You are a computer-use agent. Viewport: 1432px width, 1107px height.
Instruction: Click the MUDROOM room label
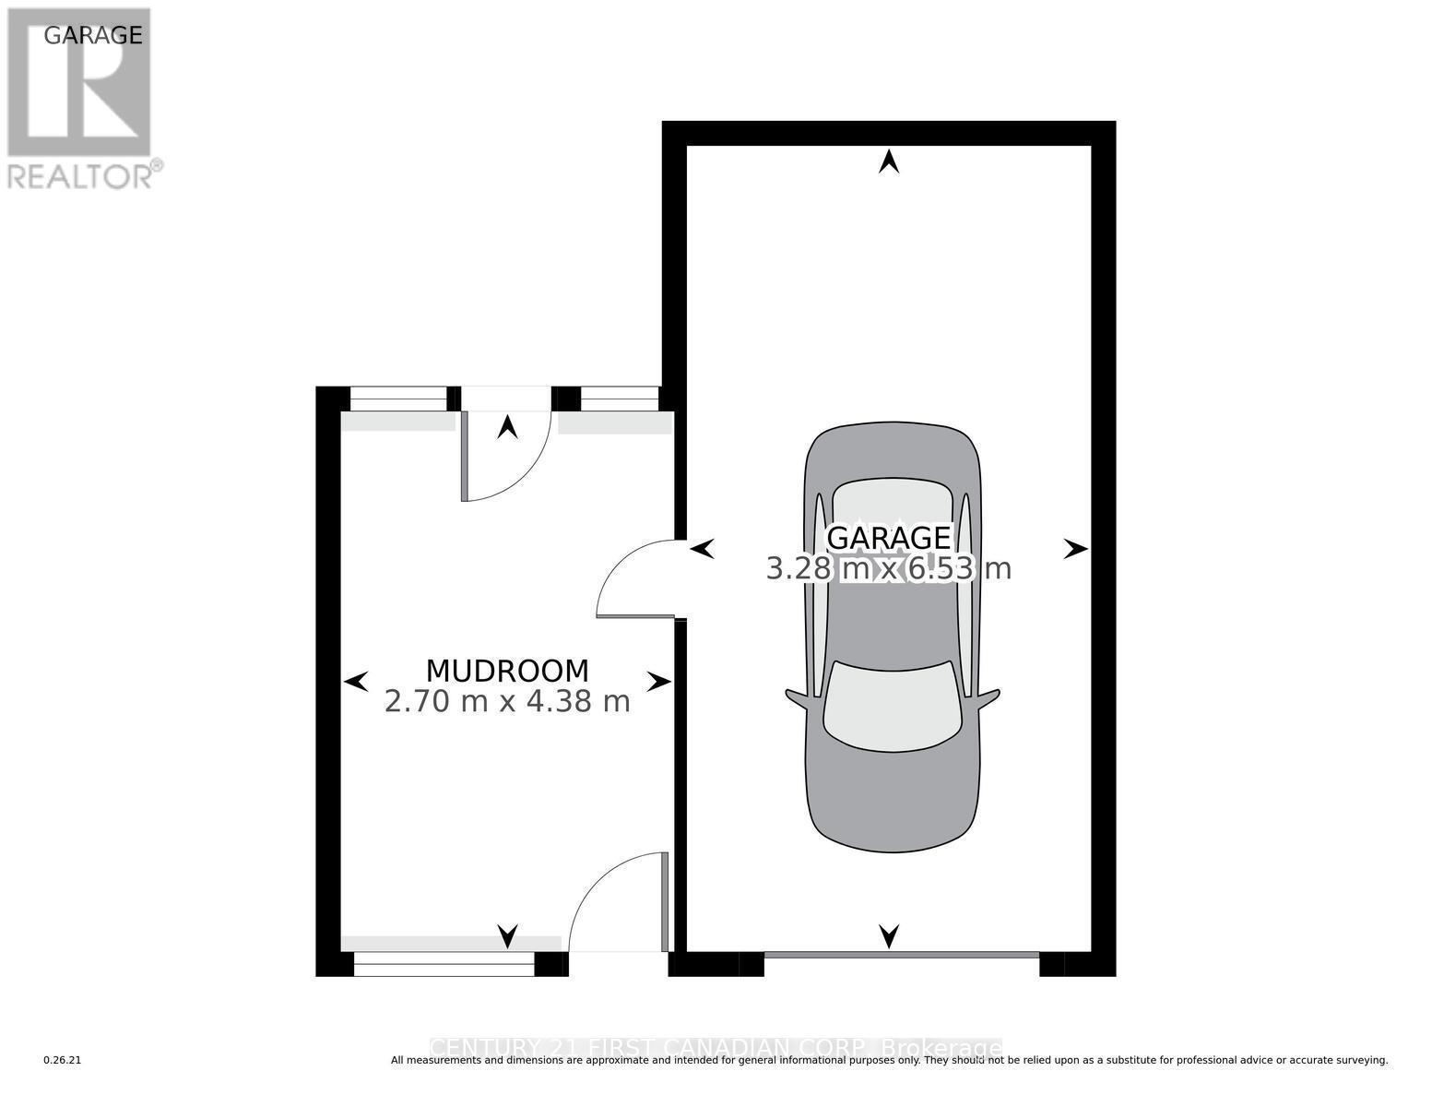pos(506,671)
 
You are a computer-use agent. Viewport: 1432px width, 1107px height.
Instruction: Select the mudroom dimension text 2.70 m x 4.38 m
pos(506,702)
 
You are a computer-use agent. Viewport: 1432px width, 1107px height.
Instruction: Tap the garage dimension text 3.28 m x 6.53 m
pos(888,569)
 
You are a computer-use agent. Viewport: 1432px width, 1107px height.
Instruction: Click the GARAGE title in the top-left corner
pos(93,35)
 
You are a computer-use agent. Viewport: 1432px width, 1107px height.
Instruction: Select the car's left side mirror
pos(796,696)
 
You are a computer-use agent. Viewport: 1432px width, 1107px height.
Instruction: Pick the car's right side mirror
pos(989,696)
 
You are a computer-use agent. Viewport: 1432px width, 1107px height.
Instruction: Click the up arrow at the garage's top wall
pos(888,162)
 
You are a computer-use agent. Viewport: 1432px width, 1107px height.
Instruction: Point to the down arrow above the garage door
pos(888,935)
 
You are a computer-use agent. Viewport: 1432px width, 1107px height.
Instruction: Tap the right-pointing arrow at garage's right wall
pos(1074,549)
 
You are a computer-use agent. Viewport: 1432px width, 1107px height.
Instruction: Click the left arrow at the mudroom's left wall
pos(356,682)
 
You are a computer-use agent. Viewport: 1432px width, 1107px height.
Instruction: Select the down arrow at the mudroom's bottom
pos(507,935)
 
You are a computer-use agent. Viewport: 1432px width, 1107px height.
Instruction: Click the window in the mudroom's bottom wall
pos(444,963)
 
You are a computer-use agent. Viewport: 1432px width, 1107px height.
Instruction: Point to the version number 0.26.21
pos(63,1061)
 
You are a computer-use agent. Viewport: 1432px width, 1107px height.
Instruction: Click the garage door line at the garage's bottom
pos(901,953)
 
